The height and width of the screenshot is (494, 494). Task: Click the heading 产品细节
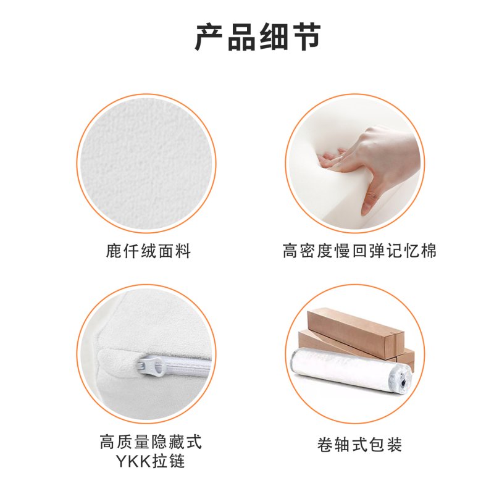[258, 37]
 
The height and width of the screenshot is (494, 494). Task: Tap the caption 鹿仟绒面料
[148, 251]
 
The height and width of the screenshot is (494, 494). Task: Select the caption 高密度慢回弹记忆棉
[359, 251]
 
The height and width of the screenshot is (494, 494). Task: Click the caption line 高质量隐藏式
[150, 442]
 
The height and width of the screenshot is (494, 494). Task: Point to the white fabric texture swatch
[147, 162]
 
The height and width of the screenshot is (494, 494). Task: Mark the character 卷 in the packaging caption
[325, 444]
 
